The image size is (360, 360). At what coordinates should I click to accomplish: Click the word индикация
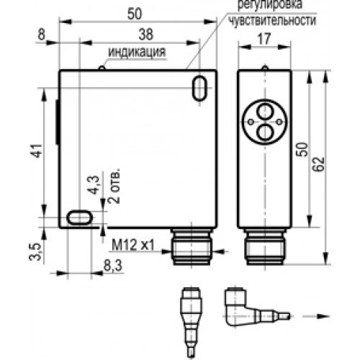(137, 52)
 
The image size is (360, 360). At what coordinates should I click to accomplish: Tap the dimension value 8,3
(112, 266)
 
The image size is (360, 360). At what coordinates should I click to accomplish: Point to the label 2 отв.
(114, 188)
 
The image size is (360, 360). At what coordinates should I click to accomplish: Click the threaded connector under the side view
(264, 247)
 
